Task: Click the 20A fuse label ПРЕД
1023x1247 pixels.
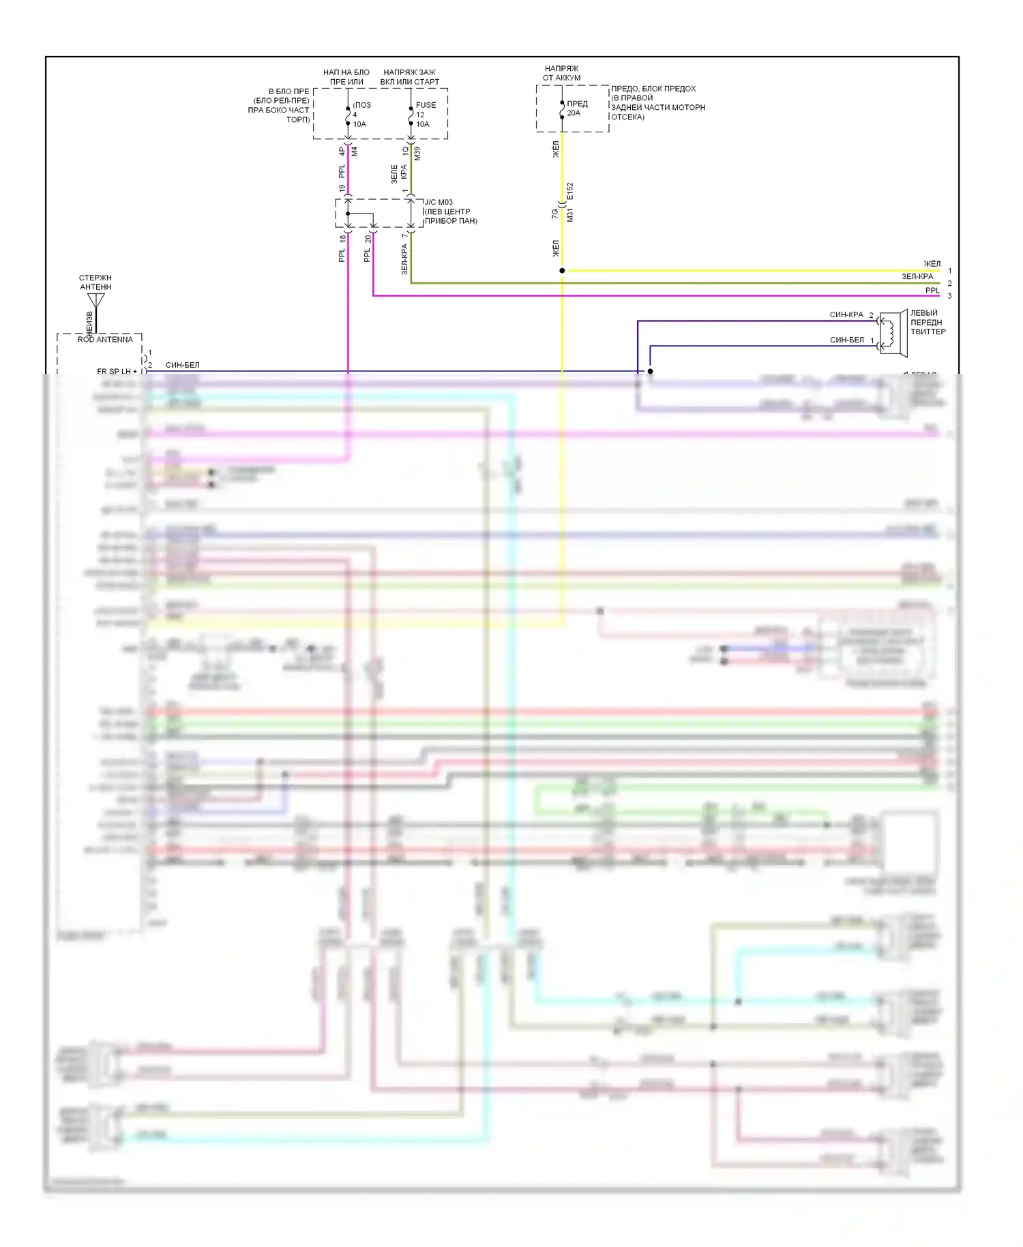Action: point(577,104)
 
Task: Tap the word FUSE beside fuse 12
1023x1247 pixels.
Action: point(426,105)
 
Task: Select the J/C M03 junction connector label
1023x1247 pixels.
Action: point(439,202)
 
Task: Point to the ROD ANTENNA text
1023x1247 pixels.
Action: point(105,339)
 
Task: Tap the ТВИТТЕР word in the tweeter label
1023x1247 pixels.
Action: point(928,332)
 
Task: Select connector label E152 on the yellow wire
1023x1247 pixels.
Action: point(570,191)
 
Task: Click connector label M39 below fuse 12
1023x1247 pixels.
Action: point(417,153)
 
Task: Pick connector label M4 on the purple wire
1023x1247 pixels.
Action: point(355,151)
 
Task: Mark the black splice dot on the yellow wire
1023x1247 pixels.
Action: point(562,271)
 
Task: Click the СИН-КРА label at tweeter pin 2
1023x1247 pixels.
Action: point(846,314)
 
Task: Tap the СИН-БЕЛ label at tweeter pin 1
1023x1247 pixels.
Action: point(846,340)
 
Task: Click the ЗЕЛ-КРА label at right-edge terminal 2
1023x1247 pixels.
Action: point(917,276)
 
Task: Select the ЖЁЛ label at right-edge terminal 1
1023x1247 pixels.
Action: point(932,264)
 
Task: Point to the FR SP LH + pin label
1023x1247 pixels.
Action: point(117,371)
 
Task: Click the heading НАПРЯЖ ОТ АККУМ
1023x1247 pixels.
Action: point(561,73)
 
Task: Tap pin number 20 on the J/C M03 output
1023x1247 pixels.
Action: point(368,239)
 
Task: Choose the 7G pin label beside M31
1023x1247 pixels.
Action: point(555,214)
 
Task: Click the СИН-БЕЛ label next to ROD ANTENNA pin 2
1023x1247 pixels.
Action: point(182,365)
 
